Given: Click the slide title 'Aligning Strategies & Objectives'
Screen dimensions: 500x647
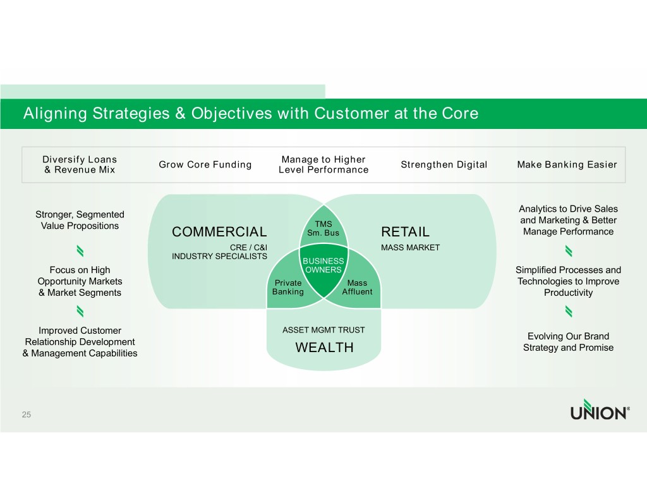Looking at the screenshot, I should (250, 114).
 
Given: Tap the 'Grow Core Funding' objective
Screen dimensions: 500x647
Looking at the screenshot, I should (205, 165).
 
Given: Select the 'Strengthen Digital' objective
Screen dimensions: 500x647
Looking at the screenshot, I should (444, 165).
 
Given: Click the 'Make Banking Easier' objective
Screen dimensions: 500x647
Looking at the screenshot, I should (567, 165).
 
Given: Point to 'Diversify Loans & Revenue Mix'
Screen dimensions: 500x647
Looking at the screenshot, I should (80, 164).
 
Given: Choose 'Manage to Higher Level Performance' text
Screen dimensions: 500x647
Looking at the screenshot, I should (323, 164).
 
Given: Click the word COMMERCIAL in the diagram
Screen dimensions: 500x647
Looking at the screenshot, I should (219, 232).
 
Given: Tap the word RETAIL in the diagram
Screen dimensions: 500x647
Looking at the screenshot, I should (405, 232).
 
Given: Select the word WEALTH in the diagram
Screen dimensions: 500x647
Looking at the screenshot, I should (324, 348).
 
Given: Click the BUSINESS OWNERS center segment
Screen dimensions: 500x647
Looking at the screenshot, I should (323, 266).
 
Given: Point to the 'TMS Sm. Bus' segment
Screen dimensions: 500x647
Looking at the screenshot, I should (323, 228).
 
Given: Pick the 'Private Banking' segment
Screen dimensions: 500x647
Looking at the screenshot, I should (287, 288).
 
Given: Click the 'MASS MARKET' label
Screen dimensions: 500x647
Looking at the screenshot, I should (410, 247).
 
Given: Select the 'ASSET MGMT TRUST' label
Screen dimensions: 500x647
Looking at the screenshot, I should (323, 330).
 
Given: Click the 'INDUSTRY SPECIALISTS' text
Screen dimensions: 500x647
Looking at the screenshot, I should (219, 256).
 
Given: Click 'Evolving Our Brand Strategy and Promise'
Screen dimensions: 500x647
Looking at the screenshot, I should (568, 342).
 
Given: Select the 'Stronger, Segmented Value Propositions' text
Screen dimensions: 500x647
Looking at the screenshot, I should (80, 220).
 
